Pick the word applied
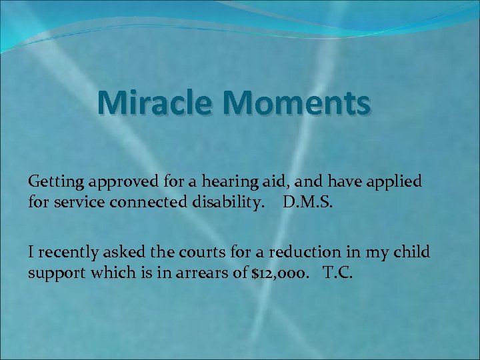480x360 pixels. click(x=397, y=181)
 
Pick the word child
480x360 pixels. click(x=413, y=253)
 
